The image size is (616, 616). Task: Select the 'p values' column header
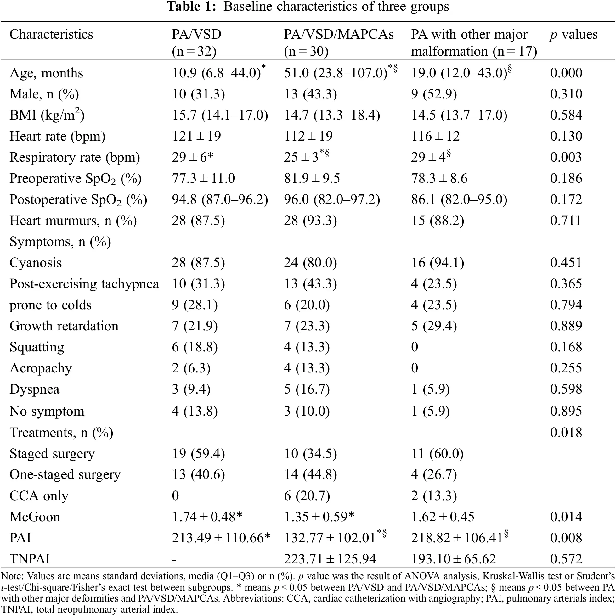[x=574, y=34]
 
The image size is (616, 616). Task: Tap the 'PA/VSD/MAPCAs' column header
[x=339, y=34]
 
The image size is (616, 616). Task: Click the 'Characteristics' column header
[x=51, y=34]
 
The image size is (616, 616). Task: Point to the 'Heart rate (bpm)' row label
[x=57, y=137]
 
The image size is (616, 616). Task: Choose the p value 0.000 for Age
[x=566, y=73]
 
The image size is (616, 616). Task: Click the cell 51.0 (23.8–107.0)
[x=336, y=73]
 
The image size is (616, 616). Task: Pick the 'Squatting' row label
[x=37, y=347]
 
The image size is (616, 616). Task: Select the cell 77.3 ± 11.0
[x=203, y=179]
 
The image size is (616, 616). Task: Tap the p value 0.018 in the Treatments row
[x=566, y=433]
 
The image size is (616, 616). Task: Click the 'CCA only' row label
[x=39, y=496]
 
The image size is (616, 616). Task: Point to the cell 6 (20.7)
[x=307, y=496]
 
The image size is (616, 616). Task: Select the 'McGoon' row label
[x=35, y=517]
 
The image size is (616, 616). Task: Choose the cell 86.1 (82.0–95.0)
[x=459, y=199]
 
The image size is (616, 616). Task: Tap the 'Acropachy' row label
[x=41, y=368]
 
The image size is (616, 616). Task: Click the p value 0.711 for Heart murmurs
[x=565, y=221]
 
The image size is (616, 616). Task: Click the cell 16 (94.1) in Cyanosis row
[x=437, y=263]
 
